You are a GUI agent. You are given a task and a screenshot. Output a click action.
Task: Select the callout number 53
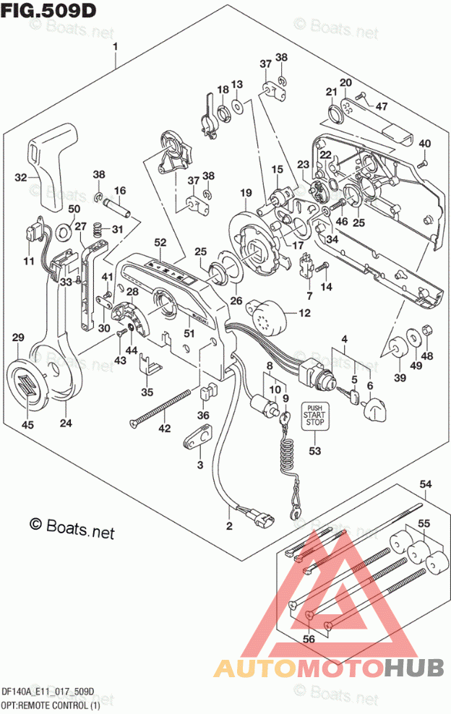(x=314, y=452)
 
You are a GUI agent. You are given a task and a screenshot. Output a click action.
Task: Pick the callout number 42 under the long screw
(x=166, y=429)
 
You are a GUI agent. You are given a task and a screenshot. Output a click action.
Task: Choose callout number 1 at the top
(x=115, y=47)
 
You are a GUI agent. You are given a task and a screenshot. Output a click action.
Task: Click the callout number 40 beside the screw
(x=424, y=142)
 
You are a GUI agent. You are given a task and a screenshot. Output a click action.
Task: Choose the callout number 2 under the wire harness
(x=229, y=525)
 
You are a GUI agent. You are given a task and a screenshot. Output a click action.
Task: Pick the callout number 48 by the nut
(x=427, y=355)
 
